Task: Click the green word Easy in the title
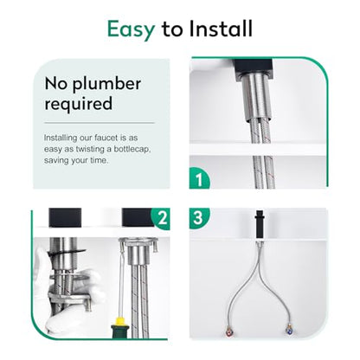tap(132, 29)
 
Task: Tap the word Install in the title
tap(221, 29)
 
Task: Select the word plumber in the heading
tap(106, 85)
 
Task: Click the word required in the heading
tap(79, 104)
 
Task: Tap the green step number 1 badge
tap(199, 179)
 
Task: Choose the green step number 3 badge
tap(198, 217)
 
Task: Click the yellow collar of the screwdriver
tap(119, 320)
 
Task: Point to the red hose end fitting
tap(229, 330)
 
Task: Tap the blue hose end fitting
tap(289, 330)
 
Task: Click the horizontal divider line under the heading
tap(100, 123)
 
